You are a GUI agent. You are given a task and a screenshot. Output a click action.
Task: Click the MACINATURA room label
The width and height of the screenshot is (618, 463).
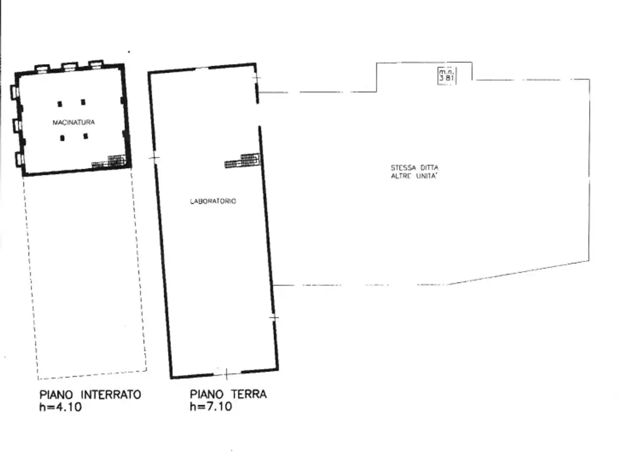coord(74,123)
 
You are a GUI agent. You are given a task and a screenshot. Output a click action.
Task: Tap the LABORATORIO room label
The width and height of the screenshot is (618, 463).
coord(213,201)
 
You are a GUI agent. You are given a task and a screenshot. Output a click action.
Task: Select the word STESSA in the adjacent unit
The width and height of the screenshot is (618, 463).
coord(403,168)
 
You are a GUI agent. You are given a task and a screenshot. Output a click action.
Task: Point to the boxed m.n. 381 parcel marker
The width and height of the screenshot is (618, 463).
coord(447,76)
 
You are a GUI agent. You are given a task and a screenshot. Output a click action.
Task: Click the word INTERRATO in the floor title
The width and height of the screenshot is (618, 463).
coord(111,395)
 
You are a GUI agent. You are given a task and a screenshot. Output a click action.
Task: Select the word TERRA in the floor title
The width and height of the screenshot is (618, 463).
coord(249,394)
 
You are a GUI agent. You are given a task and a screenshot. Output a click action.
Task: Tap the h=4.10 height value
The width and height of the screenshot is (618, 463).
coord(60,407)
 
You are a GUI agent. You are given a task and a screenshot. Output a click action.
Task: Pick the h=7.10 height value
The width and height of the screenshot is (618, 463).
coord(211,406)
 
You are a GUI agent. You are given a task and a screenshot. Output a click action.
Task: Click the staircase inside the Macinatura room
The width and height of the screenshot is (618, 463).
coord(109,162)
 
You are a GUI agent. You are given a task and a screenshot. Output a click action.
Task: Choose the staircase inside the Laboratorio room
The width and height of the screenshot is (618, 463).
coord(242,160)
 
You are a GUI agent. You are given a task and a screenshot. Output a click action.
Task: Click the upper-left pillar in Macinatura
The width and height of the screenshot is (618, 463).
coord(60,104)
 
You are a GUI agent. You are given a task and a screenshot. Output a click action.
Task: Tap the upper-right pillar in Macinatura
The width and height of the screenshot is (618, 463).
coord(83,102)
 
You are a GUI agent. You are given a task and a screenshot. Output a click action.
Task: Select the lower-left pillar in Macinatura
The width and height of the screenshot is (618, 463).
coord(62,138)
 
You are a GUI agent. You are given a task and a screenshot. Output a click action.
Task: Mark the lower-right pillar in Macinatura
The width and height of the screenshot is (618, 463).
coord(85,136)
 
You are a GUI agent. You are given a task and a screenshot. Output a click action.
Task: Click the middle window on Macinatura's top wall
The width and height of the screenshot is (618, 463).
coord(70,67)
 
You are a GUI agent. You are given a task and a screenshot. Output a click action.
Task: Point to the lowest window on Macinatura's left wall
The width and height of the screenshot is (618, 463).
coord(20,159)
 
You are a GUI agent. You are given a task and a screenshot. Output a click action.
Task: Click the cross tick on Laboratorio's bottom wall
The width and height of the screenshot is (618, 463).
coord(226,374)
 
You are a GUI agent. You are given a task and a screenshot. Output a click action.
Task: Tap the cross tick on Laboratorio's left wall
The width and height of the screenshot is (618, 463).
coord(154,158)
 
